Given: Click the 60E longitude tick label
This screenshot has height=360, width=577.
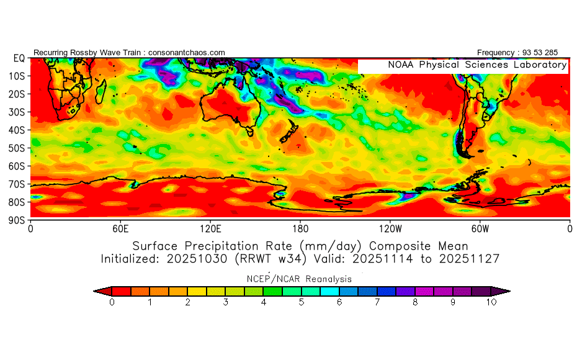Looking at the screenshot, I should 120,228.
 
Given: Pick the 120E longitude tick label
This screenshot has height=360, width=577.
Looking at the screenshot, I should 210,228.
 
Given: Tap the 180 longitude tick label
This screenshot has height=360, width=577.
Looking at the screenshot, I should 300,228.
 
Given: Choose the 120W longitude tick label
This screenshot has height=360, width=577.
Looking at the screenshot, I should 390,228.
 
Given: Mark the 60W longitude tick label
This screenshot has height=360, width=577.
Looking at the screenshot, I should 480,228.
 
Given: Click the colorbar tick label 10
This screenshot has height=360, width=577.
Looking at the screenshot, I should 491,302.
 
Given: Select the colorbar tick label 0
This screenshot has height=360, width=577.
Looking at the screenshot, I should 112,302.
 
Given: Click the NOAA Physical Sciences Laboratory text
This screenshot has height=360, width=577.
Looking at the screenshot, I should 477,65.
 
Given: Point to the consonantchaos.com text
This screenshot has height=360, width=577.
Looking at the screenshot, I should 187,53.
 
